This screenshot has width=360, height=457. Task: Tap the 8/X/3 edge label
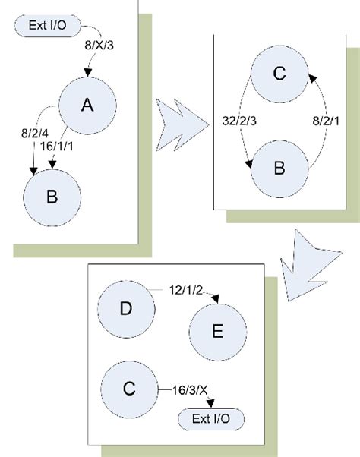coord(99,46)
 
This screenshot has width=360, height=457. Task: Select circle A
coord(87,106)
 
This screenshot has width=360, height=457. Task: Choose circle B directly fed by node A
coord(51,196)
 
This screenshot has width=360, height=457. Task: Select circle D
coord(127,309)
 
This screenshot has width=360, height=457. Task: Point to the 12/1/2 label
coord(185,289)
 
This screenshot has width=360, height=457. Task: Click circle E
coord(219,332)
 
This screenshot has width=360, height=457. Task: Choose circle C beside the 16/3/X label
coord(129,389)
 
